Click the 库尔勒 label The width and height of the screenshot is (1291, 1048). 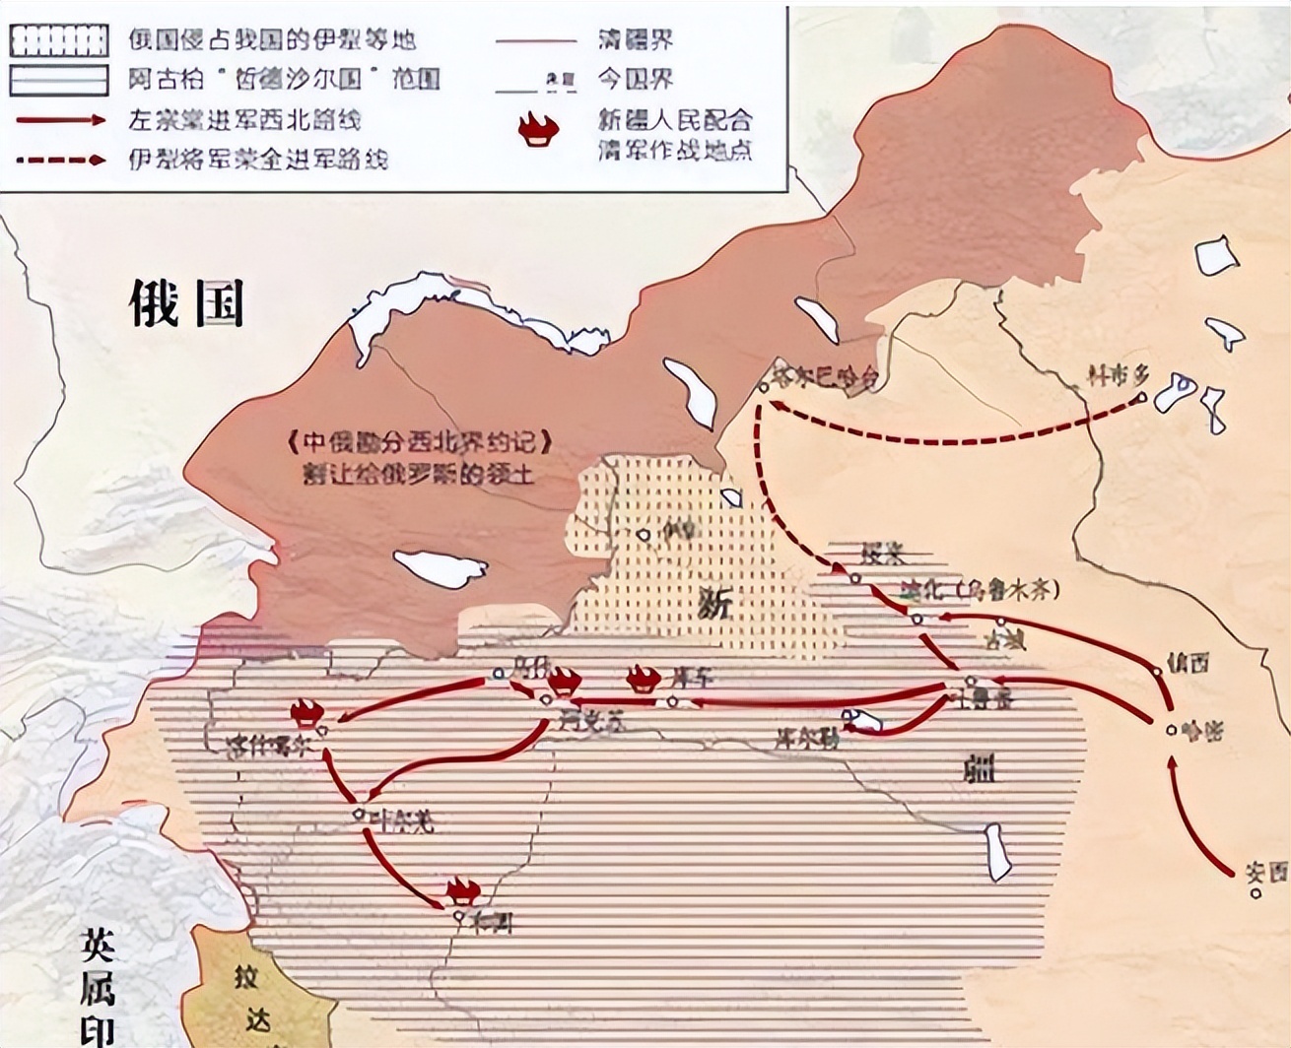tap(806, 739)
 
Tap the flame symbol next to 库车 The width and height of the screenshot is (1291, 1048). tap(643, 678)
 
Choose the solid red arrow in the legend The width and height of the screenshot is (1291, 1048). tap(59, 119)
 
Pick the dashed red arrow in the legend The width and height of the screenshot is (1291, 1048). tap(59, 158)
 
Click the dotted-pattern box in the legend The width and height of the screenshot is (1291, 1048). tap(59, 40)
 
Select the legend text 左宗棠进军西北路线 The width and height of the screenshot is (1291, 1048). tap(245, 119)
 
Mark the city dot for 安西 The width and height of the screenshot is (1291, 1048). tap(1256, 893)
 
